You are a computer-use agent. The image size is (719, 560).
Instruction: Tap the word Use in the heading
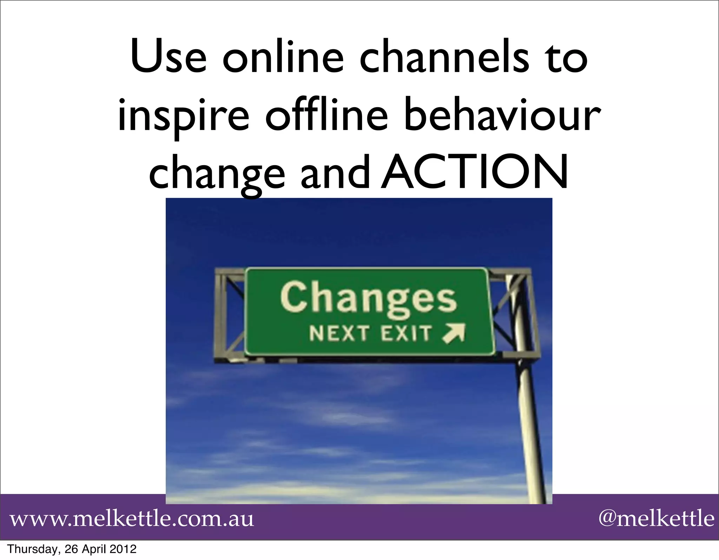pos(168,58)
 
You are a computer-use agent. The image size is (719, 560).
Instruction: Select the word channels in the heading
pos(443,58)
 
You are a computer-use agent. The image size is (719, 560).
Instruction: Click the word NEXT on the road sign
pos(339,333)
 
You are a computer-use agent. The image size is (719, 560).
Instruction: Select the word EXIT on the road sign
pos(406,333)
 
